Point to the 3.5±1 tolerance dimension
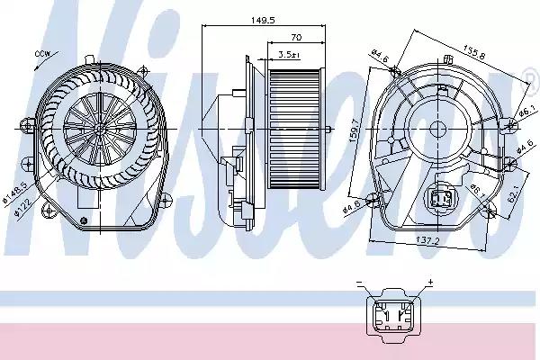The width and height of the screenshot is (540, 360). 289,55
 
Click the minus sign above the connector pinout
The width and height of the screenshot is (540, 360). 359,283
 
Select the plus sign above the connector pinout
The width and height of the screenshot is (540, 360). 430,283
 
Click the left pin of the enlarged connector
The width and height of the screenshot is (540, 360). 382,319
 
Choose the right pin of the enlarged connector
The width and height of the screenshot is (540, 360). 397,319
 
